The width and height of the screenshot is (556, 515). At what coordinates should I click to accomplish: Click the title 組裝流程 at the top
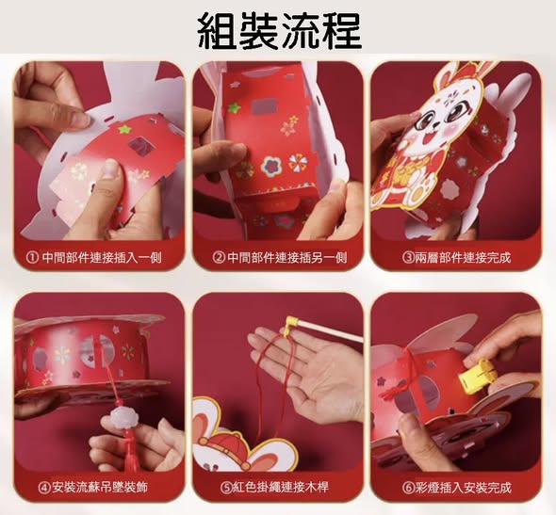pyautogui.click(x=280, y=32)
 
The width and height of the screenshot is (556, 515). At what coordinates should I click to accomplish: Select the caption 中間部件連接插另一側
pyautogui.click(x=286, y=258)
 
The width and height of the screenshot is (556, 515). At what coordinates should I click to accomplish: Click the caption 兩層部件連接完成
pyautogui.click(x=463, y=258)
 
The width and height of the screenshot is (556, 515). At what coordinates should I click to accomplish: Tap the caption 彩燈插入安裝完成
pyautogui.click(x=464, y=488)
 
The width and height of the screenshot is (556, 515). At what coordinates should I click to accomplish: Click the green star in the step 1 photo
pyautogui.click(x=124, y=129)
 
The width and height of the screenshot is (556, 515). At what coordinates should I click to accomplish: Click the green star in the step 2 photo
pyautogui.click(x=235, y=107)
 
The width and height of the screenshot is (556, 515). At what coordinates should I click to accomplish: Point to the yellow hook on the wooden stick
pyautogui.click(x=291, y=322)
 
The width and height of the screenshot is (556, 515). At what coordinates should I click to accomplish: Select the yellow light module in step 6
pyautogui.click(x=474, y=376)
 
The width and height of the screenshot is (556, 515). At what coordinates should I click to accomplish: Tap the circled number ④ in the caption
pyautogui.click(x=44, y=488)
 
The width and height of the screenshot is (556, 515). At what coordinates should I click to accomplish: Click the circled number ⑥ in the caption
pyautogui.click(x=408, y=488)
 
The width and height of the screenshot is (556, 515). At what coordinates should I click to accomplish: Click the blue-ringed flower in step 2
pyautogui.click(x=270, y=165)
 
